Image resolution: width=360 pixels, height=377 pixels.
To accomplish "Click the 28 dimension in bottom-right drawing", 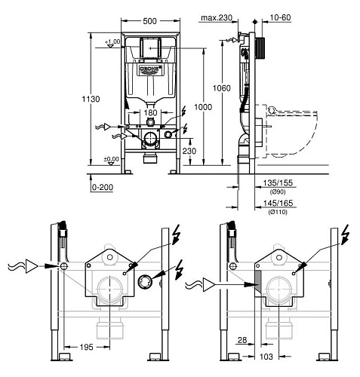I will [240, 341].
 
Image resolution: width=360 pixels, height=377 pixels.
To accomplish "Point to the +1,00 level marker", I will [114, 41].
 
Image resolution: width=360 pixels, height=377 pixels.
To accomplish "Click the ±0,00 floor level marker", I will [111, 159].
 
